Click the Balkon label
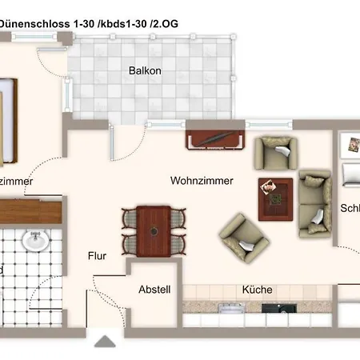tap(145, 70)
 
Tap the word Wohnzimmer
tap(202, 181)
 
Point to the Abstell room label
tap(154, 290)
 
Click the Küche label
tap(257, 290)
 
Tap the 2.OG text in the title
tap(162, 23)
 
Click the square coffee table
tap(274, 196)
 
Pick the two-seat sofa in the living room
tap(314, 202)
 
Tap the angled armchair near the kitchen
tap(244, 237)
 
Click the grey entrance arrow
tap(104, 342)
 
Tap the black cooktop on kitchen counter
tap(282, 308)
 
